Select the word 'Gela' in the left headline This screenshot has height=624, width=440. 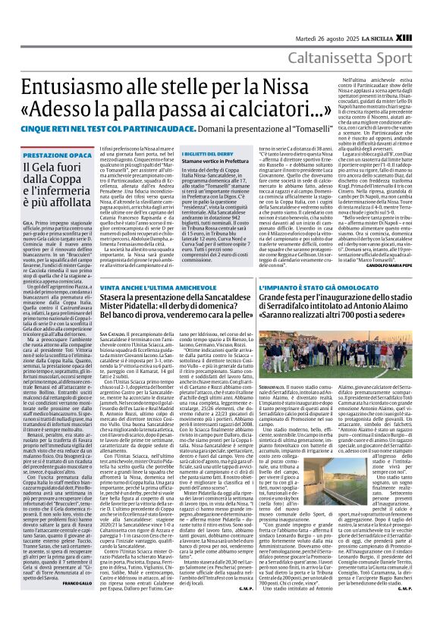(35, 168)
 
